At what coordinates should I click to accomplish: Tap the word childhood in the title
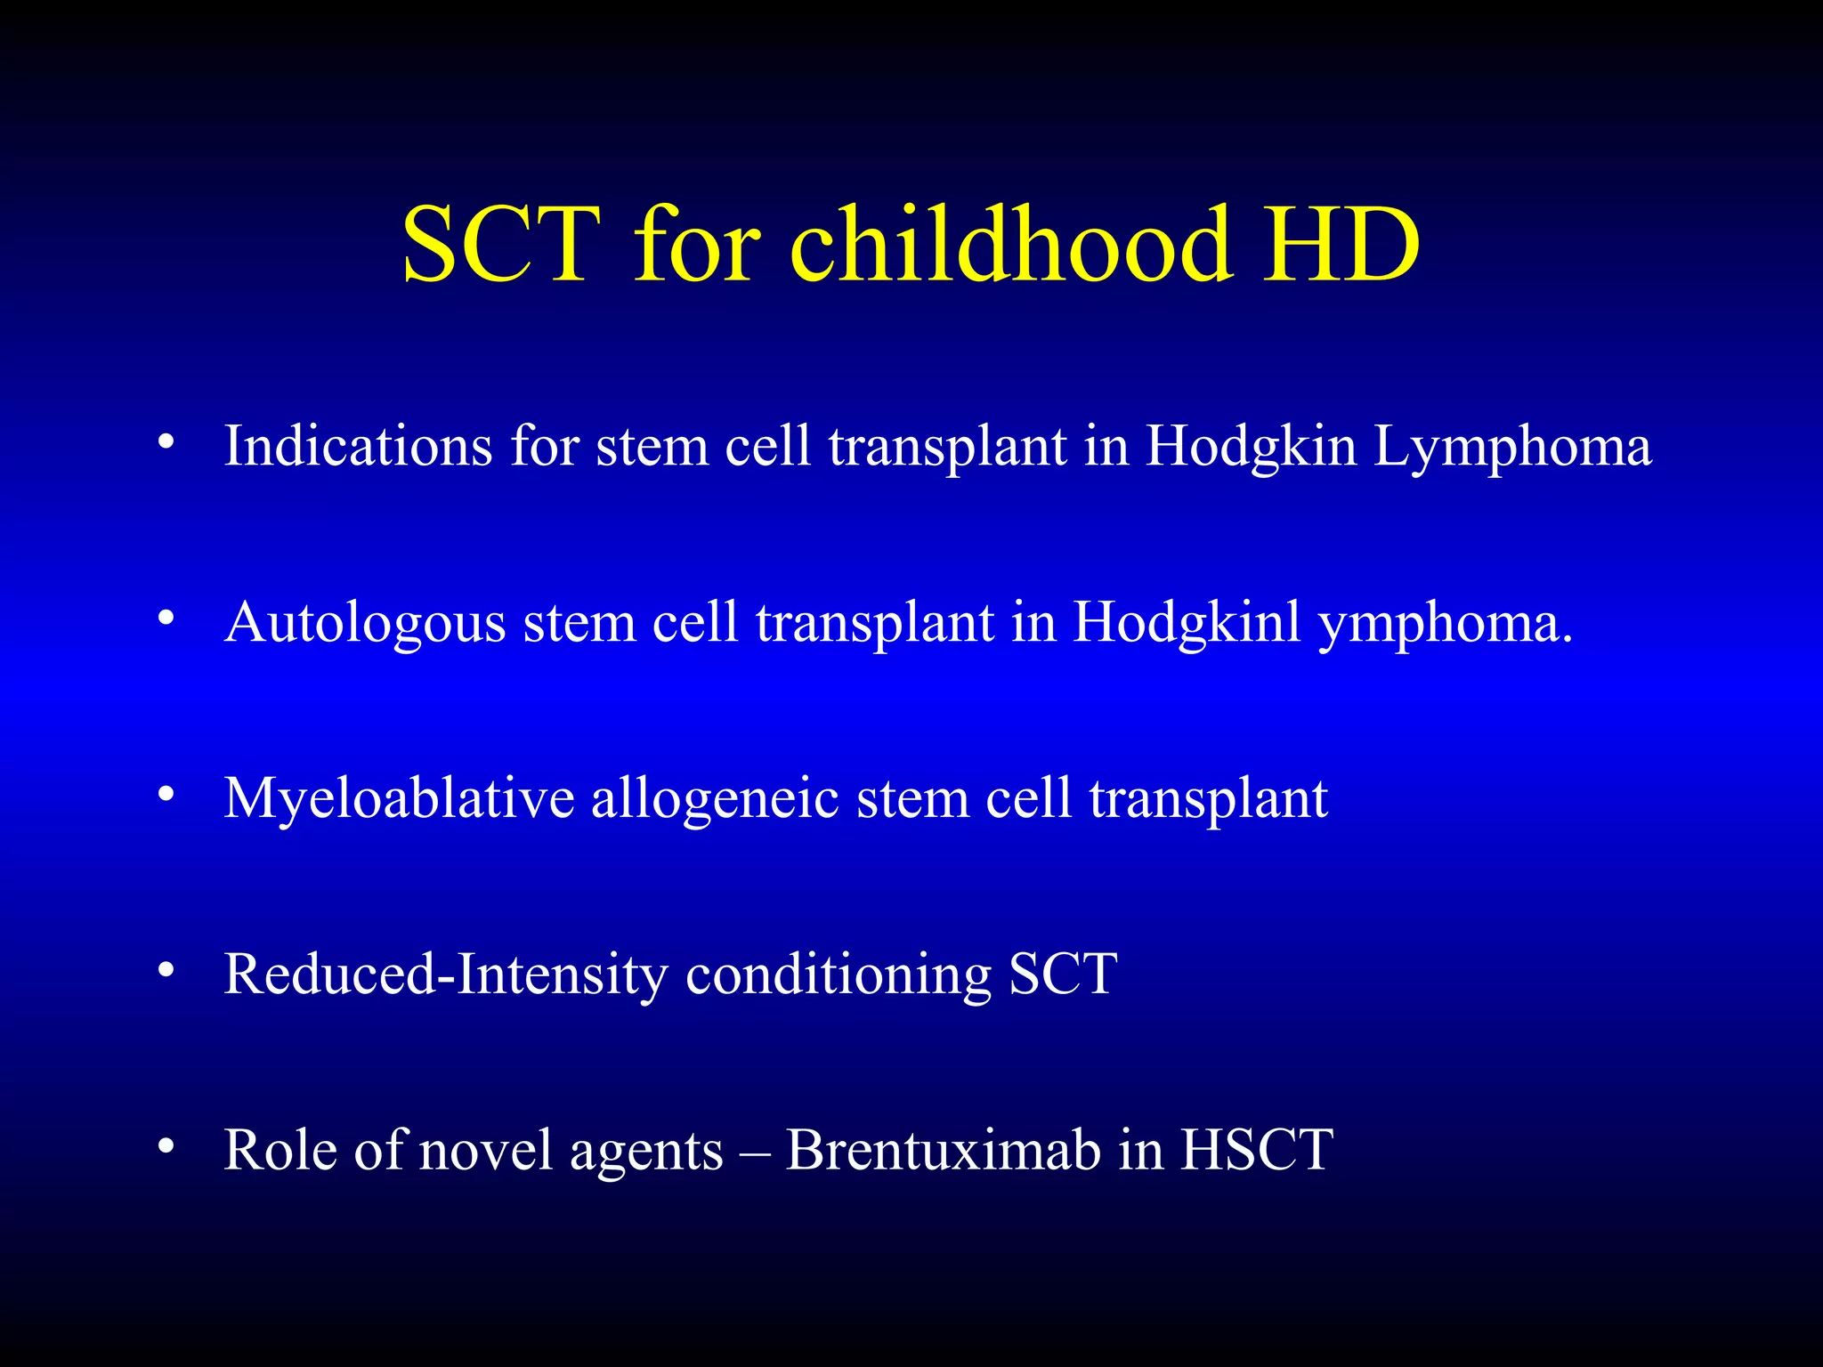coord(1011,245)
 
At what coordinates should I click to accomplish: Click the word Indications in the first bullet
coord(358,445)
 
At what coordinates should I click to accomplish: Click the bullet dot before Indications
coord(166,442)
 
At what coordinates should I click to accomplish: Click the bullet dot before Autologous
coord(166,619)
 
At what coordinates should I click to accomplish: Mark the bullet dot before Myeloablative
coord(166,795)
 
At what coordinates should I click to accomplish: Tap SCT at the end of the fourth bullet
coord(1063,974)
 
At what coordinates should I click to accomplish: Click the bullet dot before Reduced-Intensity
coord(166,971)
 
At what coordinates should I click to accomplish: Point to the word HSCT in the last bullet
coord(1257,1150)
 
